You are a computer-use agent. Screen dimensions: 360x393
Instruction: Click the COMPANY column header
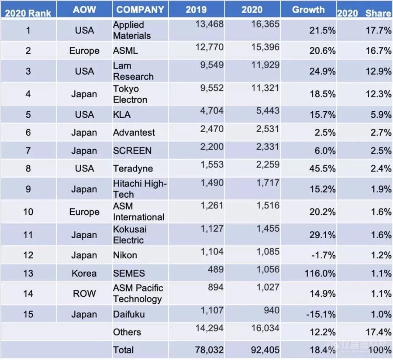(x=140, y=10)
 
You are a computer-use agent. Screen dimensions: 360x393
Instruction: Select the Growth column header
(x=308, y=10)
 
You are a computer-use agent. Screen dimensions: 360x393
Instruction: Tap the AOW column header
(x=84, y=10)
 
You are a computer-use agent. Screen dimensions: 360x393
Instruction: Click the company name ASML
(x=125, y=51)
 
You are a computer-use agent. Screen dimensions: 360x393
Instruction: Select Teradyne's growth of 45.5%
(x=322, y=168)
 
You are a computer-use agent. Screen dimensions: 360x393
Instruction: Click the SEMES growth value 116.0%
(x=320, y=274)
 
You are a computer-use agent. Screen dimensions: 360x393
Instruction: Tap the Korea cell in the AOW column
(x=84, y=274)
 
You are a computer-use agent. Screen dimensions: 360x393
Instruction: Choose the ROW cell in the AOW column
(x=84, y=293)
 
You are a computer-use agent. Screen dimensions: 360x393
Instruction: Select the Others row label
(x=127, y=332)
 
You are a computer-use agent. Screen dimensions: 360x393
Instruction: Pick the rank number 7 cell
(x=28, y=151)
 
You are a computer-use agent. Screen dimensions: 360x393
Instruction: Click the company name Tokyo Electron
(x=130, y=94)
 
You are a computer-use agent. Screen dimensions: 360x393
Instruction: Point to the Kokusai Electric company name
(x=130, y=235)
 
